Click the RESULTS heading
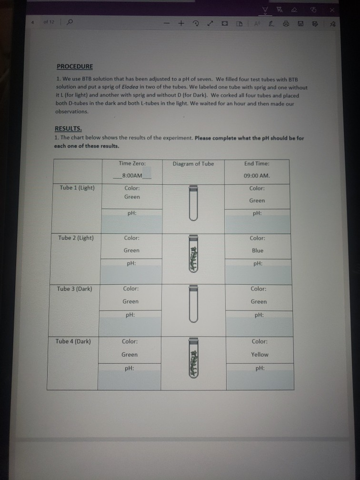click(x=68, y=129)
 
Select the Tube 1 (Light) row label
click(x=77, y=188)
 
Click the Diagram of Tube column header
click(x=193, y=164)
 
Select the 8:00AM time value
click(x=132, y=176)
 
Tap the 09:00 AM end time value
click(x=257, y=175)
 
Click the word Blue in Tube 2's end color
click(x=258, y=250)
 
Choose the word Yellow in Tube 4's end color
click(x=260, y=354)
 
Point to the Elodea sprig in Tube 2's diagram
click(x=193, y=257)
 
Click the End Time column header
click(x=257, y=163)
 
